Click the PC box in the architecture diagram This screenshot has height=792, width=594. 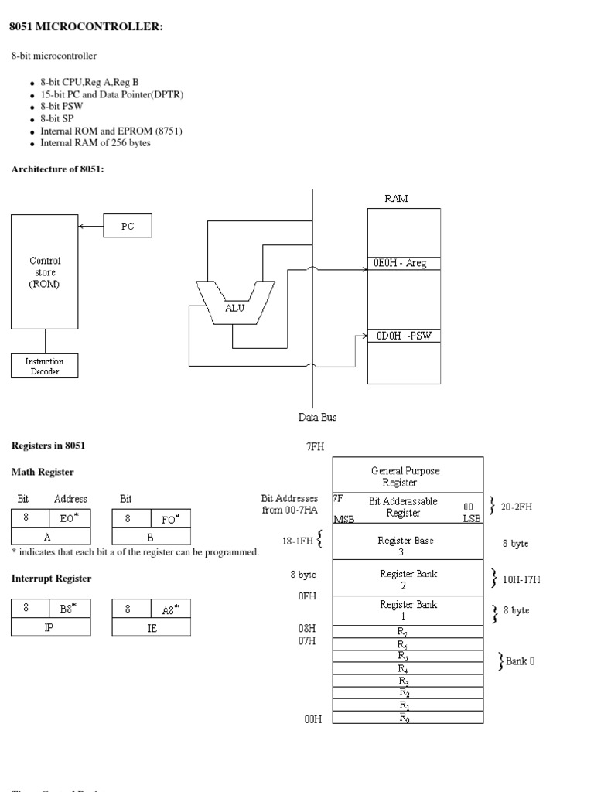[x=128, y=226]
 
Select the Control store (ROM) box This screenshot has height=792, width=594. [x=44, y=271]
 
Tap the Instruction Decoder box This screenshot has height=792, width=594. [x=44, y=366]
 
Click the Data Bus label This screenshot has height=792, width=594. [x=317, y=417]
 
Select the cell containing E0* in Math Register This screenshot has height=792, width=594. [x=70, y=518]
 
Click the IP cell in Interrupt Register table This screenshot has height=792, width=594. [x=49, y=627]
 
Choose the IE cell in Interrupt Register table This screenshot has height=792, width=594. [x=152, y=627]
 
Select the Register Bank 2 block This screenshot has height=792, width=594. [x=408, y=579]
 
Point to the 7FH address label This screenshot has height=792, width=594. [x=316, y=446]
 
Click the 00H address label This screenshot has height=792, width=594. [x=312, y=719]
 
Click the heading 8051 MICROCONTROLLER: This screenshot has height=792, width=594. [x=86, y=27]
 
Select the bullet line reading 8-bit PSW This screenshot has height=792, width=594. [x=62, y=106]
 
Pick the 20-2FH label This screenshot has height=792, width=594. [x=516, y=507]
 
